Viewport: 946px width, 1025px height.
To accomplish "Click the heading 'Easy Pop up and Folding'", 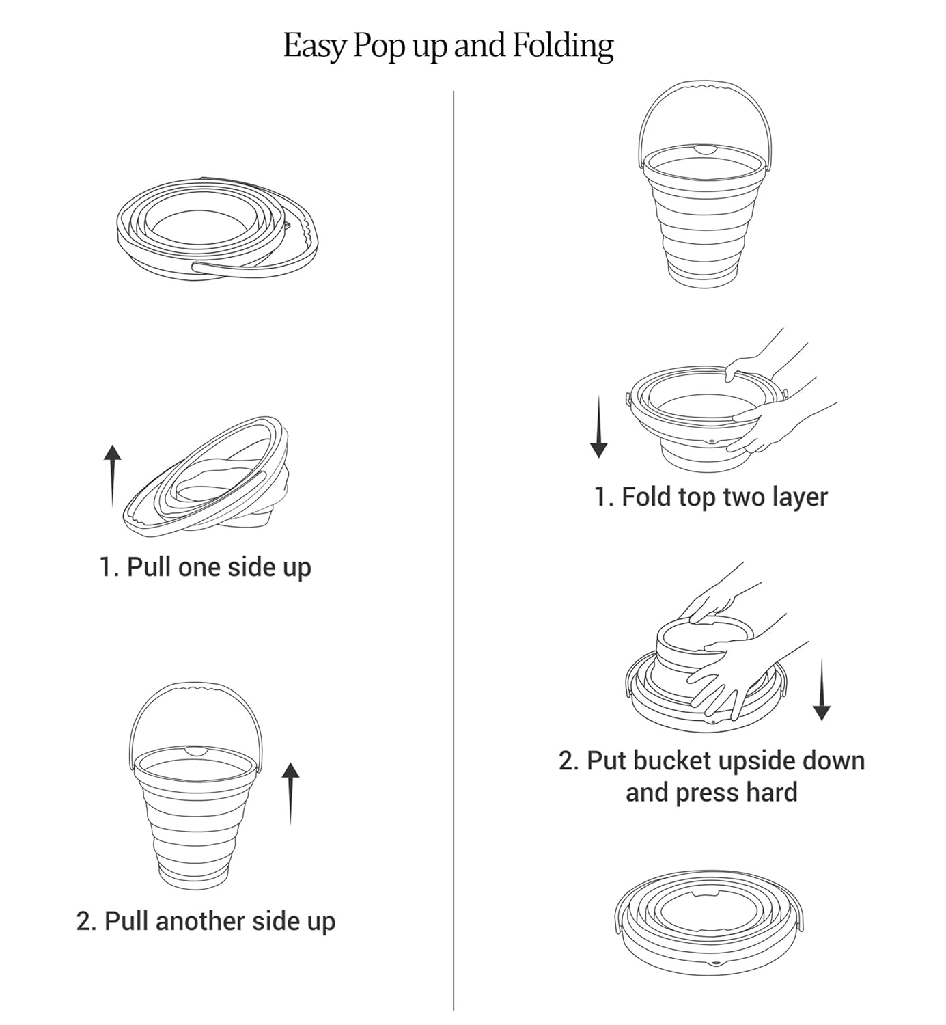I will point(448,46).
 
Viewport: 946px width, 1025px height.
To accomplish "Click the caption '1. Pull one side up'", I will point(205,568).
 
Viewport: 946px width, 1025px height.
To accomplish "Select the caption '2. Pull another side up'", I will point(206,921).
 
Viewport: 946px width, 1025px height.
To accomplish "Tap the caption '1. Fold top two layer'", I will point(710,497).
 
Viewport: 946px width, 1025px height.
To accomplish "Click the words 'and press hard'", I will point(711,793).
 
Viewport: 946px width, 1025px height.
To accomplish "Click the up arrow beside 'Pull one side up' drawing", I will point(113,476).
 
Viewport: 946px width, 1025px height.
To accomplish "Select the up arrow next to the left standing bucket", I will point(291,793).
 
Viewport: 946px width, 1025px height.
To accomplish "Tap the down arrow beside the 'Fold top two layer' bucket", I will point(599,426).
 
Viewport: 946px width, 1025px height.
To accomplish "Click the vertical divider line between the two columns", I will point(454,547).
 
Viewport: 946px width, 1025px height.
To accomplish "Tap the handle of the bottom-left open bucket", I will point(194,686).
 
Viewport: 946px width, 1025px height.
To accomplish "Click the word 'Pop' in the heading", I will point(374,46).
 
